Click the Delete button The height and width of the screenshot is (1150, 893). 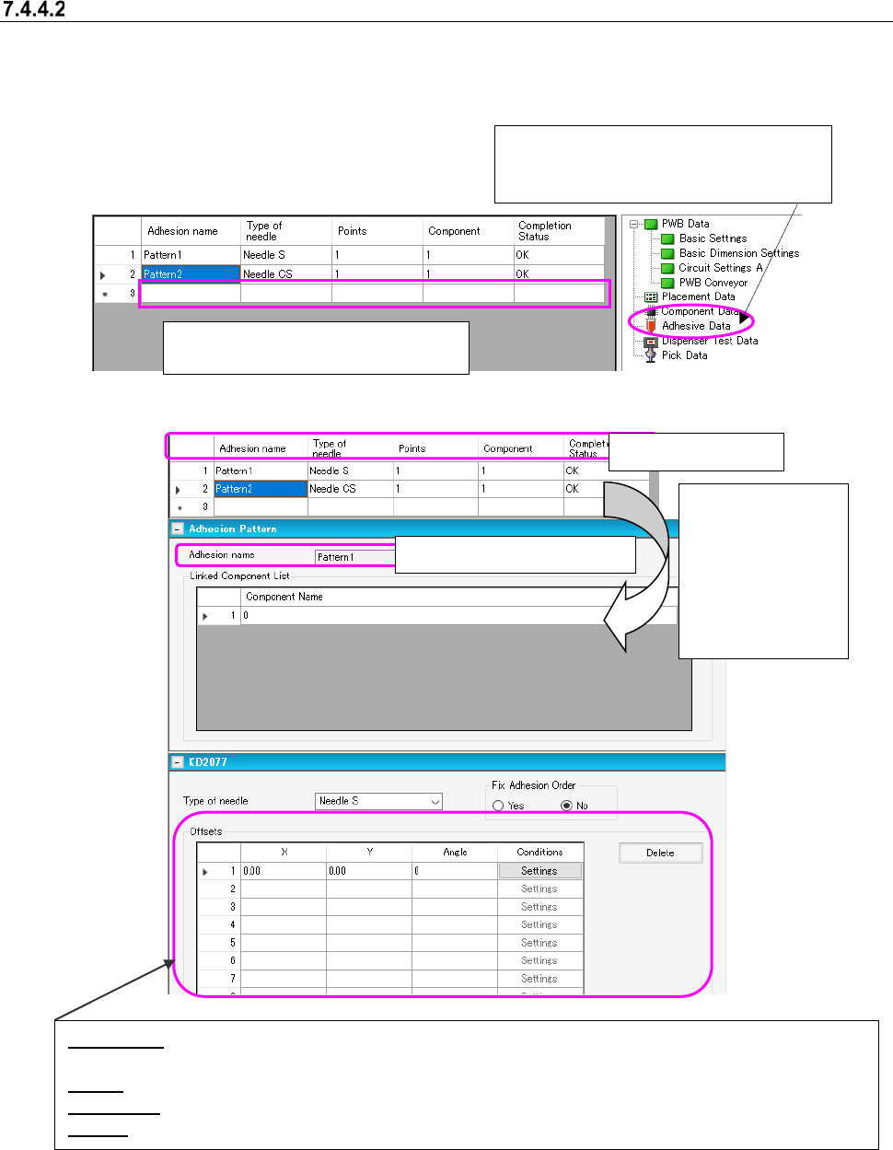point(660,853)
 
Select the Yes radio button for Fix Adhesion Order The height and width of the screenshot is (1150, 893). point(498,806)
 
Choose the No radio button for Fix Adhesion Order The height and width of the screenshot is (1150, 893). point(566,806)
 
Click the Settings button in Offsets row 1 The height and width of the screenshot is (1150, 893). point(539,871)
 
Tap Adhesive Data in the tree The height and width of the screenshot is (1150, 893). point(695,326)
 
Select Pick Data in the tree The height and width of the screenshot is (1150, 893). point(684,355)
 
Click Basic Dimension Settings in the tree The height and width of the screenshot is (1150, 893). point(738,253)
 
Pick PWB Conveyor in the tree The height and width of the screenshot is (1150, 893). point(713,283)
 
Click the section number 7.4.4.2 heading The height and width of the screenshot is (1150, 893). point(34,10)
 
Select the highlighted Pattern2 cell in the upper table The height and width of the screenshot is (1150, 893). point(190,274)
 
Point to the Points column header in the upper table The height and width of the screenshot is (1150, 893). point(352,231)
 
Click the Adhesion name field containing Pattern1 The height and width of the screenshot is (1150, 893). point(354,557)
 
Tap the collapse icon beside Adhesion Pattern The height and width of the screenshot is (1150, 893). point(177,529)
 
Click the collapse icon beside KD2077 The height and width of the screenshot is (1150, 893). point(177,762)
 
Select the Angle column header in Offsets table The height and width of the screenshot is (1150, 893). point(455,853)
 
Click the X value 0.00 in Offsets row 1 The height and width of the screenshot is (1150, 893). point(282,871)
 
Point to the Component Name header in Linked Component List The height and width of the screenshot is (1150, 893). point(284,597)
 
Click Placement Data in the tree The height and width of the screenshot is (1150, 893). point(698,296)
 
